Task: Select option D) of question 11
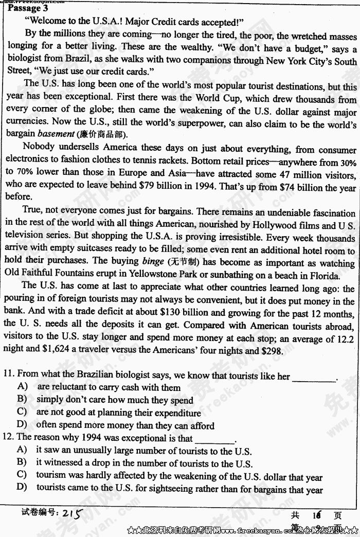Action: [x=22, y=425]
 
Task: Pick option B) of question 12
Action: [x=22, y=463]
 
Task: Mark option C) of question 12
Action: [x=22, y=476]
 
